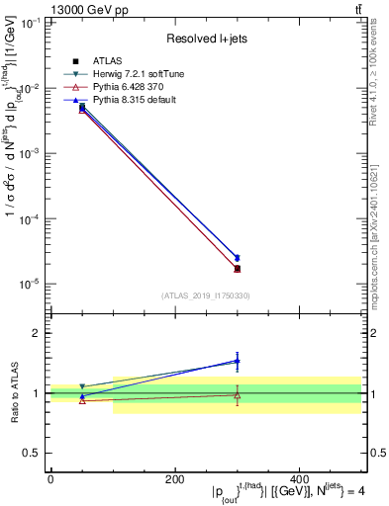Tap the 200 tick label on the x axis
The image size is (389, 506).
[174, 479]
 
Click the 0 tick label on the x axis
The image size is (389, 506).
[50, 479]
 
